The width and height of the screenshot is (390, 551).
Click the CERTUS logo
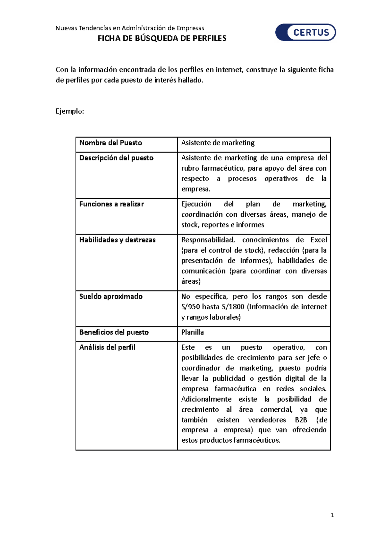tap(305, 32)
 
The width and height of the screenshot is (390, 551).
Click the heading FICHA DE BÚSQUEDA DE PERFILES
tap(162, 38)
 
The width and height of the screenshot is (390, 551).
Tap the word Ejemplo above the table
tap(70, 111)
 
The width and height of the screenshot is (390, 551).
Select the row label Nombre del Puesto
tap(110, 143)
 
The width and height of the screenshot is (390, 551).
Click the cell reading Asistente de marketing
tap(218, 143)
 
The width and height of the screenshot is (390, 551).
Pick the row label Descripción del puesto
tap(116, 158)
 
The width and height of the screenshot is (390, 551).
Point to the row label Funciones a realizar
tap(111, 204)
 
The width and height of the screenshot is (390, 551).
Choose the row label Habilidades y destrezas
tap(117, 240)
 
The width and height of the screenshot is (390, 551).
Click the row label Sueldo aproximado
tap(111, 296)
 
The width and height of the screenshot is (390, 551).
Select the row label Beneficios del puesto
tap(114, 332)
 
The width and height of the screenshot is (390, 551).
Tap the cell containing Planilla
tap(192, 332)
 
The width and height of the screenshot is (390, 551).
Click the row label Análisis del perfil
tap(107, 347)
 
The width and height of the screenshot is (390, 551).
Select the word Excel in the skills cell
tap(318, 240)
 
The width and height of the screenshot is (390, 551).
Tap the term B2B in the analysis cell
tap(301, 420)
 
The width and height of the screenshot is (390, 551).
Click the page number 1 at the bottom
tap(332, 515)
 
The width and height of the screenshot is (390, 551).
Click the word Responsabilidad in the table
tap(208, 240)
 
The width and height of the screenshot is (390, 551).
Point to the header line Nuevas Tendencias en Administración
tap(130, 28)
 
